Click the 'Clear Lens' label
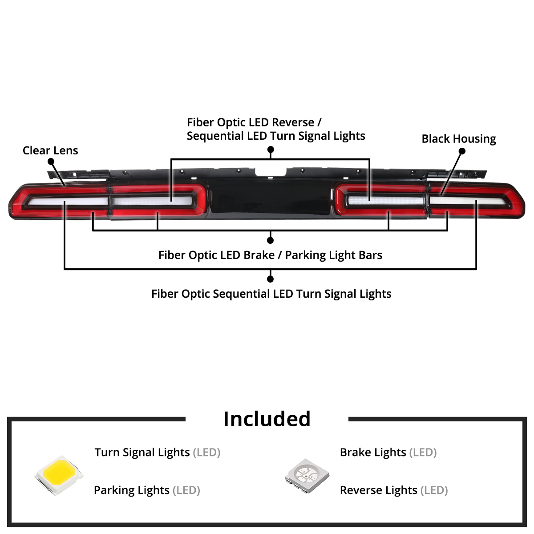[x=50, y=150]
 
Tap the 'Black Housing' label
[x=458, y=139]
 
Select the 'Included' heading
[x=267, y=419]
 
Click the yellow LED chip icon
[x=59, y=475]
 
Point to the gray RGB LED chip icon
[x=307, y=476]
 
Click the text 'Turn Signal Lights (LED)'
[x=158, y=453]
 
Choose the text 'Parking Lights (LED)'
[x=147, y=490]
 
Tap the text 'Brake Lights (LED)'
[x=388, y=453]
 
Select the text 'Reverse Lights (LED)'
[x=394, y=490]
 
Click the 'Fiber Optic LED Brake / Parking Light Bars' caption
[x=270, y=255]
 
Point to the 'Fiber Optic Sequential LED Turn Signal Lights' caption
[x=271, y=294]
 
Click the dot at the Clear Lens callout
[x=51, y=161]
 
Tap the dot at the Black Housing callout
[x=462, y=151]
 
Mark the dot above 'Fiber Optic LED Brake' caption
[x=270, y=240]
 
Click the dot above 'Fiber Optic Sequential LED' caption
[x=270, y=279]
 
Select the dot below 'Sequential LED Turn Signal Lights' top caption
[x=271, y=150]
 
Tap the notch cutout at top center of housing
[x=271, y=172]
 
